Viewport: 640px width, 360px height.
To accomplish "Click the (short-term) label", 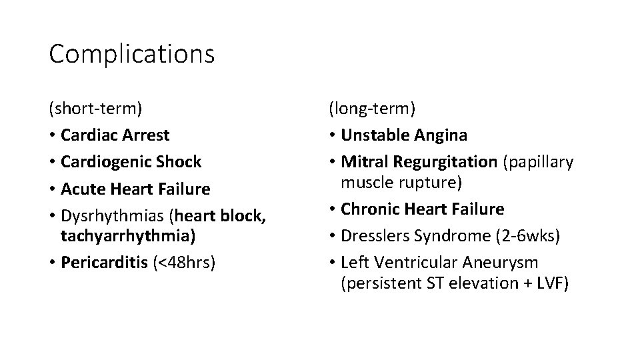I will pyautogui.click(x=95, y=108).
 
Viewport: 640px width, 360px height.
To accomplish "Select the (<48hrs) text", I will pyautogui.click(x=185, y=263).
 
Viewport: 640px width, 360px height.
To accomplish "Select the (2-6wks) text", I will pyautogui.click(x=519, y=236).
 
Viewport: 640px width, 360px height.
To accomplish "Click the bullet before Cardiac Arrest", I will pyautogui.click(x=52, y=135).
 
